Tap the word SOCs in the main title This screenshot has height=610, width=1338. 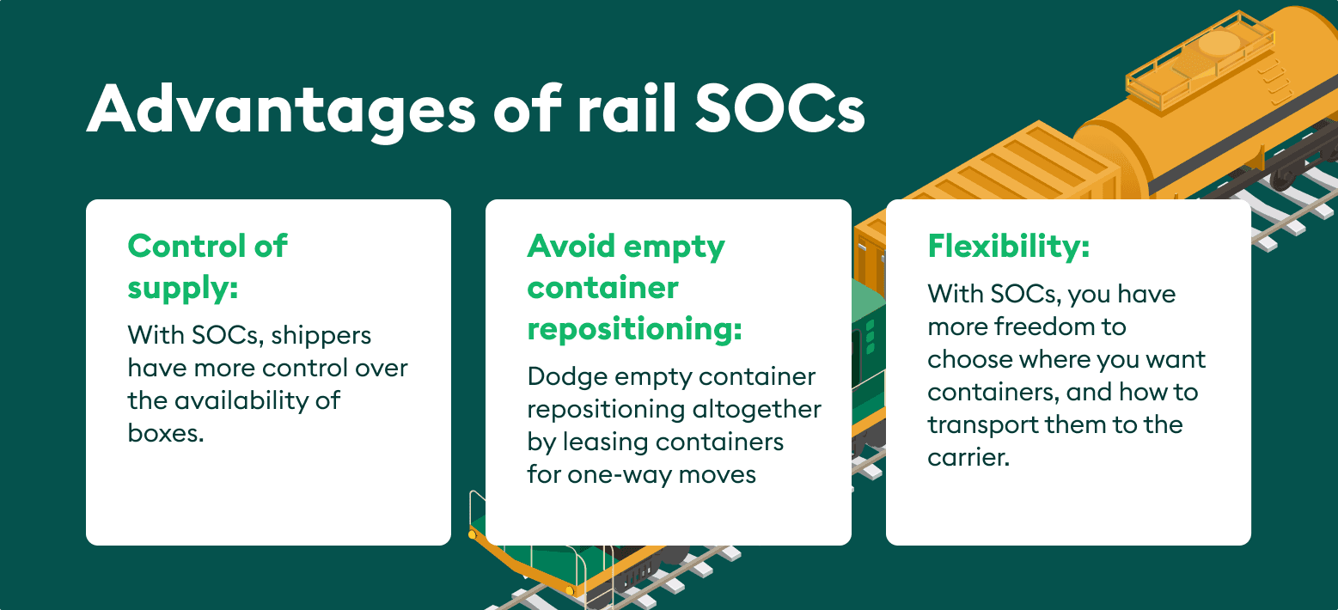click(780, 109)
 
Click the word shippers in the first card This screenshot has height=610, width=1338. click(321, 337)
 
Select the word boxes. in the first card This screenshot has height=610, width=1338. click(166, 432)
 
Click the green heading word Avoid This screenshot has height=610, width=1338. click(571, 246)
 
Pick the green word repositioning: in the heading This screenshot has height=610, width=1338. click(634, 331)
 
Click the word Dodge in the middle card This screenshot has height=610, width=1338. click(567, 377)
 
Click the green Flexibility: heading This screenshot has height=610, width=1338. click(1008, 246)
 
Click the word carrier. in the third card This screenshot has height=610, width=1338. click(968, 458)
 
